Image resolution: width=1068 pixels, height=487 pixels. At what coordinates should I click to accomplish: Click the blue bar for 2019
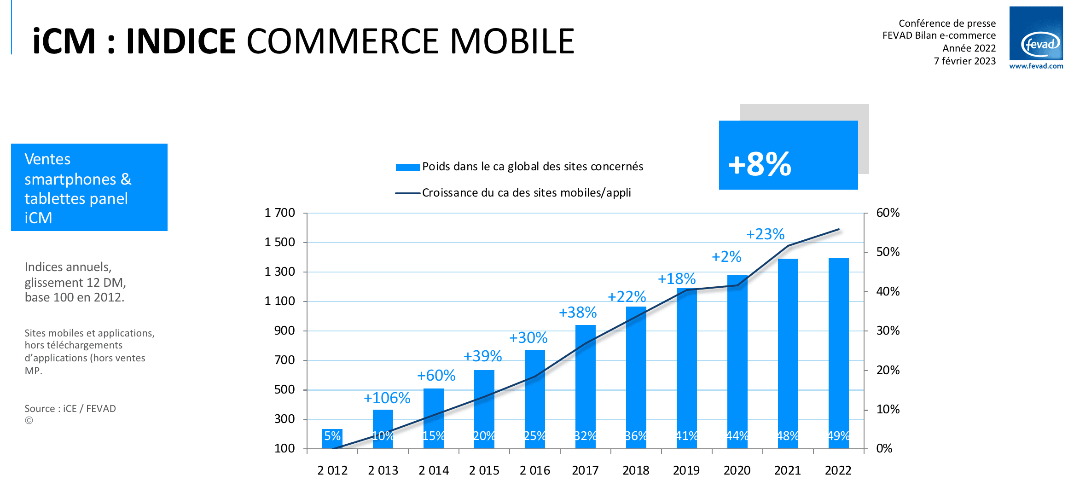tap(686, 368)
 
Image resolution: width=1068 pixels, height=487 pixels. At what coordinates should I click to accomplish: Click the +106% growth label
tap(387, 398)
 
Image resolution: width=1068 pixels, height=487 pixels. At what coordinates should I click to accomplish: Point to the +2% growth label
tap(726, 256)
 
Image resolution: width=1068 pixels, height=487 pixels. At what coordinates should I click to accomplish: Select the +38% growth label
tap(577, 313)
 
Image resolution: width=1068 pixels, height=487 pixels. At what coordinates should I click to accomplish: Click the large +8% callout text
tap(760, 164)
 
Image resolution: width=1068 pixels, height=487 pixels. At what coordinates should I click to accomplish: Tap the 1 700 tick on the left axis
tap(279, 213)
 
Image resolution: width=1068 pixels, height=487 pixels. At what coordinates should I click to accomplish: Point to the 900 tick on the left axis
tap(284, 330)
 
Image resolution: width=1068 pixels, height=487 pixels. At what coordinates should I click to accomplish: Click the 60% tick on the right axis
tap(888, 213)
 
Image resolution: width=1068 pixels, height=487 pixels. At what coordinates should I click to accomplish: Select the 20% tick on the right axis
tap(888, 370)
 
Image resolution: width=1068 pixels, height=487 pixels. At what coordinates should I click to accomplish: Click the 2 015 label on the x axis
tap(484, 470)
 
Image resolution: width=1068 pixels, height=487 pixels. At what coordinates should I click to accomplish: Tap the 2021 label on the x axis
tap(787, 470)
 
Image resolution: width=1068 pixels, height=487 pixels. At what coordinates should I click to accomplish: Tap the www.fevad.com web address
tap(1036, 66)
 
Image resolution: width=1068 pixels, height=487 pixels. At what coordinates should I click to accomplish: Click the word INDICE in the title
tap(181, 41)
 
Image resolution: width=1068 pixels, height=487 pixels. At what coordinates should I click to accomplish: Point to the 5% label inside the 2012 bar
tap(332, 435)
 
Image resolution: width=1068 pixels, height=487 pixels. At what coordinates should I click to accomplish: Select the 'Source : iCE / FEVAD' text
tap(70, 409)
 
